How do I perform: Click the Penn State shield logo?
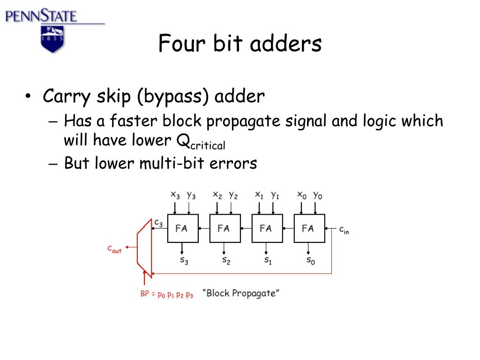click(52, 39)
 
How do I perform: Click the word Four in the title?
click(176, 44)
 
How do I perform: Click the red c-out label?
click(114, 249)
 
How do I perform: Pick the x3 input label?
click(175, 195)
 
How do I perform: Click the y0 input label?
click(317, 195)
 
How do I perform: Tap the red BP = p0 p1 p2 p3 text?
click(166, 294)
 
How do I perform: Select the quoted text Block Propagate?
click(241, 293)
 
